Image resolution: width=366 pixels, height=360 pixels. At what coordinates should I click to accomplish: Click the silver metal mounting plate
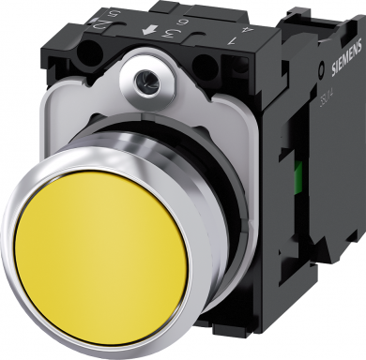click(225, 141)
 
